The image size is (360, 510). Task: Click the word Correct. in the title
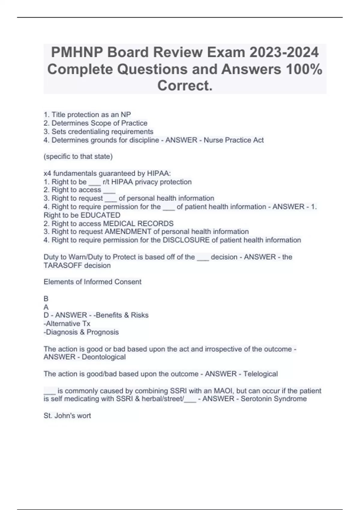tap(185, 85)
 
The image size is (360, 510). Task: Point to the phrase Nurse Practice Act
tap(234, 140)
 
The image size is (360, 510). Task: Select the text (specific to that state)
tap(78, 157)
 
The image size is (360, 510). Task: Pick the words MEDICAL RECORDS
tap(138, 223)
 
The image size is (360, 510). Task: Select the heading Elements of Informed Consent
tap(92, 282)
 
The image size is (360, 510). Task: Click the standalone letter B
tap(46, 299)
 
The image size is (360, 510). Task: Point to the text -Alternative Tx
tap(67, 324)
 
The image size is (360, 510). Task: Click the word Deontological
tap(103, 357)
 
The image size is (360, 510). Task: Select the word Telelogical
tap(260, 374)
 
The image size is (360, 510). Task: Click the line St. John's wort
tap(67, 416)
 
